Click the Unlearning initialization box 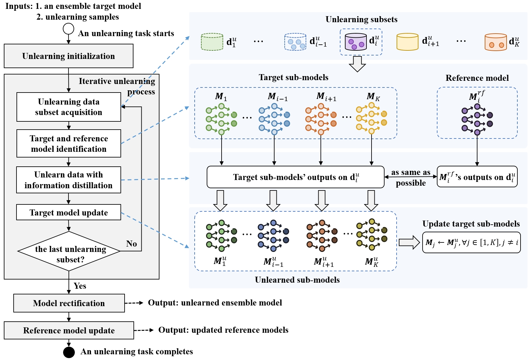pyautogui.click(x=68, y=56)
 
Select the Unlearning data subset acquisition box pyautogui.click(x=68, y=107)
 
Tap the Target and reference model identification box pyautogui.click(x=68, y=144)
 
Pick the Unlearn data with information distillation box pyautogui.click(x=68, y=180)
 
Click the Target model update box pyautogui.click(x=68, y=212)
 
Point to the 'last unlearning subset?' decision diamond pyautogui.click(x=69, y=251)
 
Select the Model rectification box pyautogui.click(x=69, y=303)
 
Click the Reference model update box pyautogui.click(x=69, y=331)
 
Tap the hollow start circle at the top pyautogui.click(x=68, y=29)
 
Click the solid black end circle pyautogui.click(x=69, y=352)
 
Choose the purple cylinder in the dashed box pyautogui.click(x=356, y=42)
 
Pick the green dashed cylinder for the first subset pyautogui.click(x=212, y=42)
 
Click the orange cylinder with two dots pyautogui.click(x=496, y=42)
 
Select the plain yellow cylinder pyautogui.click(x=407, y=42)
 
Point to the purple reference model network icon pyautogui.click(x=477, y=119)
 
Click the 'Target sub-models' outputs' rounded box pyautogui.click(x=295, y=177)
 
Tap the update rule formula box pyautogui.click(x=471, y=243)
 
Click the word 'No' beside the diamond pyautogui.click(x=132, y=244)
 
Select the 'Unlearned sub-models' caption pyautogui.click(x=297, y=280)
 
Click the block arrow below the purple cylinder pyautogui.click(x=357, y=64)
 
